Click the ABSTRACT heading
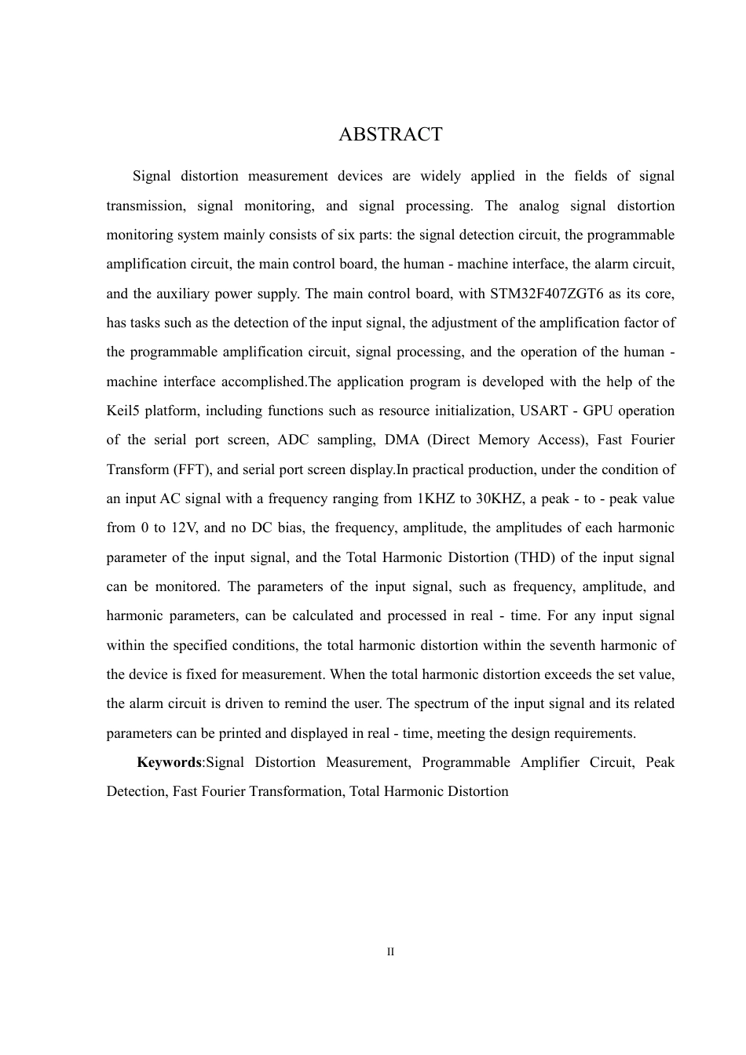(390, 134)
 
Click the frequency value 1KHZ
(435, 498)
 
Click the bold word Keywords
(169, 762)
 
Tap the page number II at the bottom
(390, 952)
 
